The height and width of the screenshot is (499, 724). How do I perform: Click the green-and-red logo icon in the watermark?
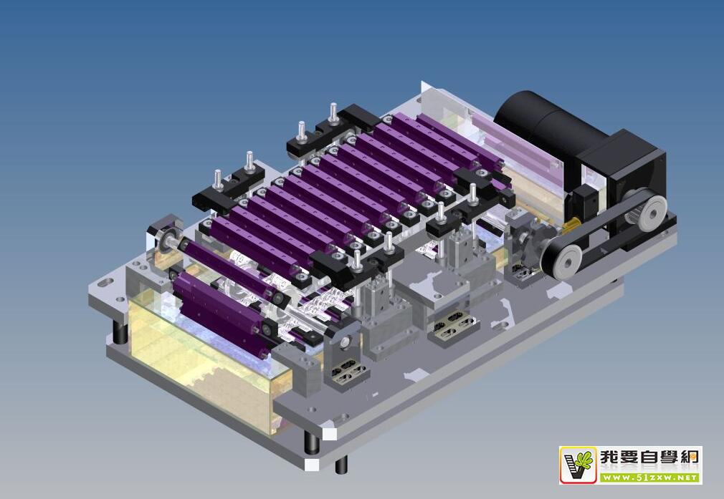578,465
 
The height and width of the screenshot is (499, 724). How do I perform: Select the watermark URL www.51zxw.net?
649,478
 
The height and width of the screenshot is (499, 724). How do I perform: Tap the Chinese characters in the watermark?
649,458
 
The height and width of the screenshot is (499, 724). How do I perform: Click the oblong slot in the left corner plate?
106,281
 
